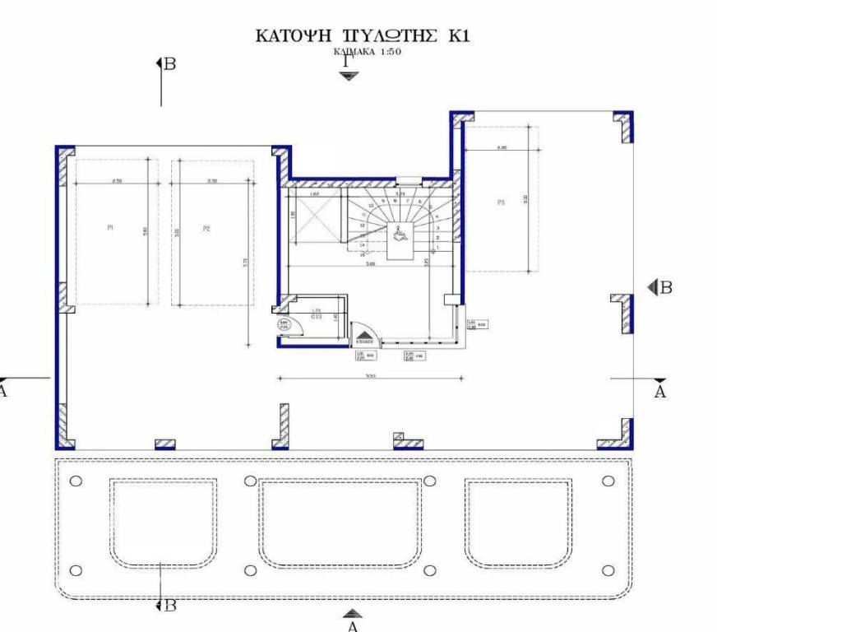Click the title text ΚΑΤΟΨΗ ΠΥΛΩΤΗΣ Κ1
(363, 36)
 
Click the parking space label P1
(110, 229)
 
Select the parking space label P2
(207, 229)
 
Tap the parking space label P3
(500, 202)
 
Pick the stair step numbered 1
(438, 247)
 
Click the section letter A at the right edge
(659, 393)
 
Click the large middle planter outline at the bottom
(340, 523)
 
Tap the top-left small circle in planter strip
(76, 481)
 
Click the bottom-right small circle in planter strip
(608, 570)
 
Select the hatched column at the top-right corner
(624, 125)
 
